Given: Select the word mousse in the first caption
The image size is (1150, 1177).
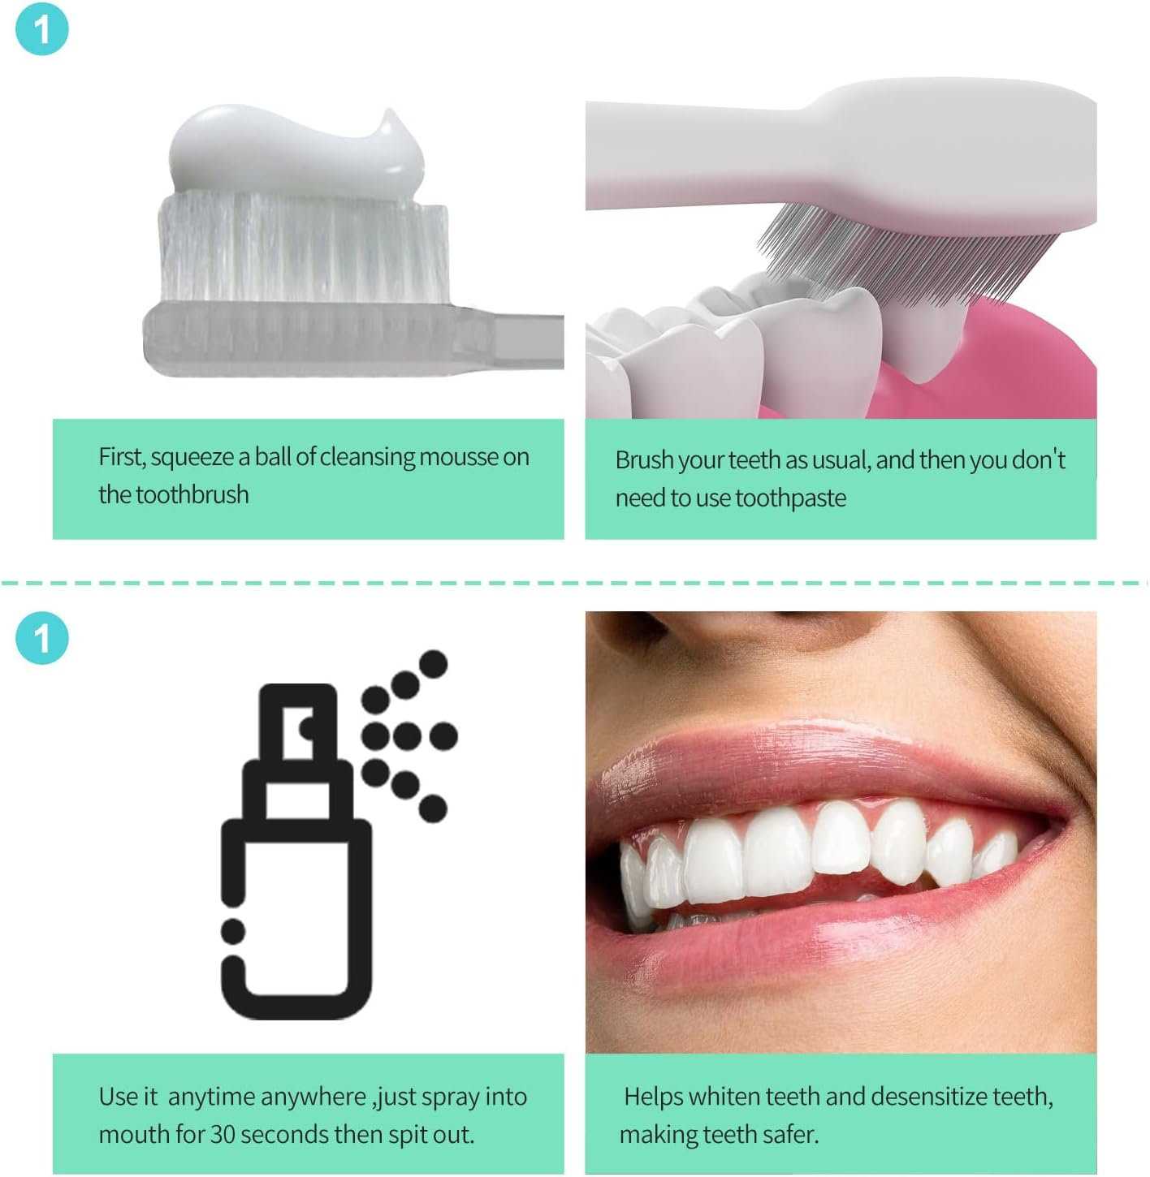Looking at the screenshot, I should point(458,457).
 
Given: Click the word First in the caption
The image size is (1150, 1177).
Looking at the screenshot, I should point(122,457).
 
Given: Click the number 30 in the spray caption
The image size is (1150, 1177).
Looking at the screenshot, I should point(223,1134).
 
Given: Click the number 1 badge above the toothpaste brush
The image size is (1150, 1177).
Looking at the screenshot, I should point(42,29).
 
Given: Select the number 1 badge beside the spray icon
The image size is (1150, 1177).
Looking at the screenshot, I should point(42,637).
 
